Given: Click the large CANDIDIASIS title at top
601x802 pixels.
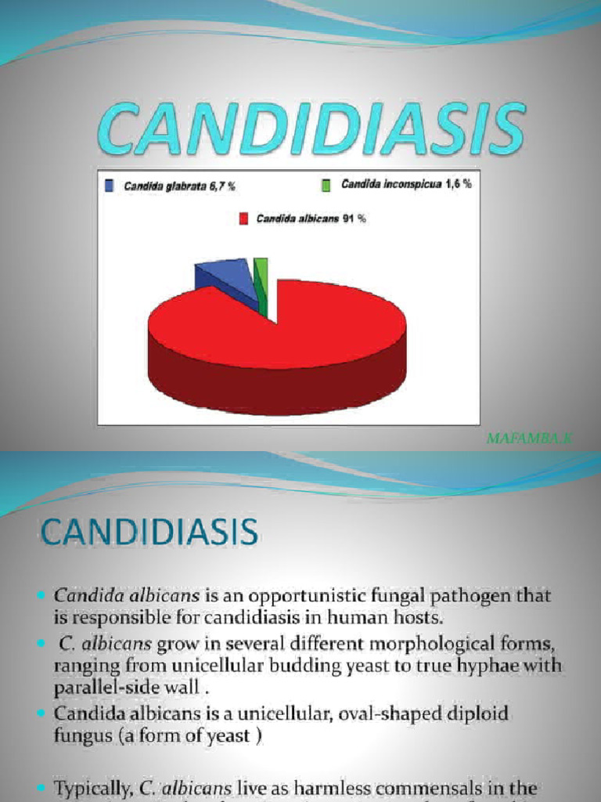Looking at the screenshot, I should [x=311, y=130].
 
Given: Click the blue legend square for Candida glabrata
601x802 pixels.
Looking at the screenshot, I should [x=110, y=186].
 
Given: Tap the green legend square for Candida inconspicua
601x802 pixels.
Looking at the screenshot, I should [x=326, y=185].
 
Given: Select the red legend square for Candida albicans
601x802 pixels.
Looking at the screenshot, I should [x=243, y=219].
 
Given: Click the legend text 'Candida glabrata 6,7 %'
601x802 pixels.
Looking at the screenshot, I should [x=180, y=186].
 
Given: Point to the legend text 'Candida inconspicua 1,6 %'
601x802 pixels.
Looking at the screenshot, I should [x=406, y=185].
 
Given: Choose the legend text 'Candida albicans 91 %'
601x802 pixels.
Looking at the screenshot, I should [x=311, y=219].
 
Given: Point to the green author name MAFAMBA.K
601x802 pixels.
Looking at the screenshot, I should [x=529, y=439].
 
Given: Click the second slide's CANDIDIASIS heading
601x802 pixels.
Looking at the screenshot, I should [x=149, y=533].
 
